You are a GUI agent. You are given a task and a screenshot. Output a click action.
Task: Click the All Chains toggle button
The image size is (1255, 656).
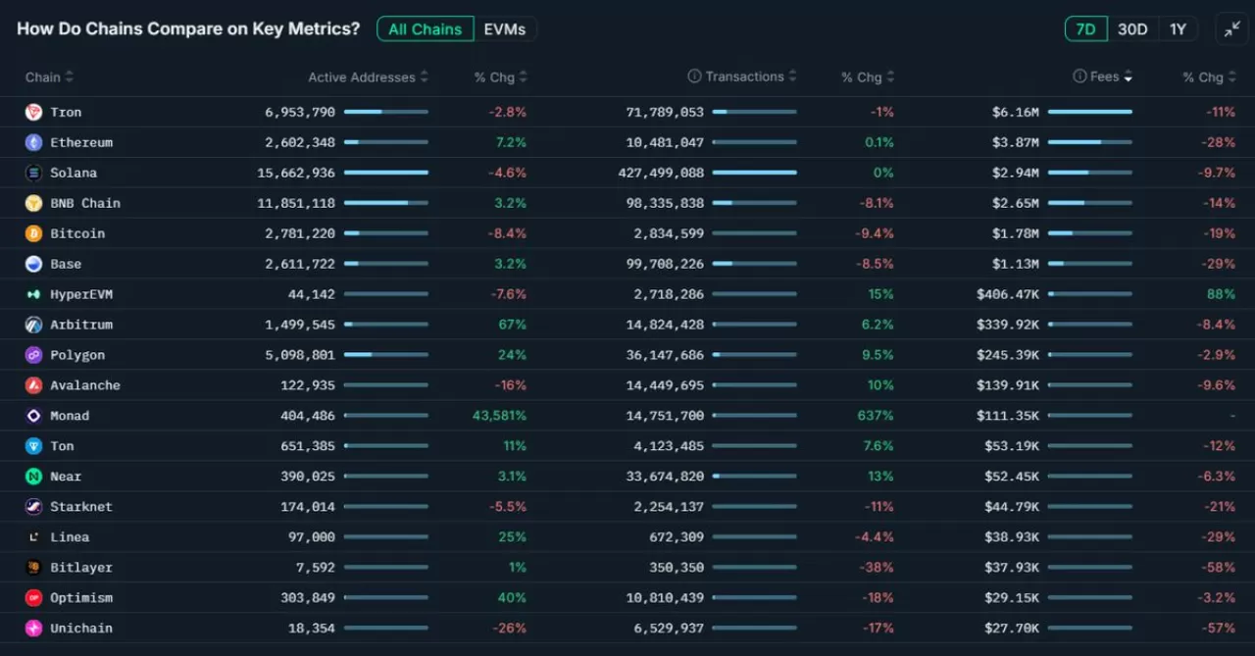(425, 29)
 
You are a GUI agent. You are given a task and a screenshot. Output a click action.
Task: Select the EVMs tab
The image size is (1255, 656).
(505, 29)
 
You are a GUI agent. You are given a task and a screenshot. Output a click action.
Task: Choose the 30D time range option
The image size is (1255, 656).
(1132, 29)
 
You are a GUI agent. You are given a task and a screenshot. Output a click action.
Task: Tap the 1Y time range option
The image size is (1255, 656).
(1178, 29)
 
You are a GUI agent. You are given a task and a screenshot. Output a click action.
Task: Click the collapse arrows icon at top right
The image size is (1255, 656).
(1231, 29)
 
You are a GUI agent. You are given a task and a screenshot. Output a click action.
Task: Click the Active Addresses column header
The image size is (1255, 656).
(362, 77)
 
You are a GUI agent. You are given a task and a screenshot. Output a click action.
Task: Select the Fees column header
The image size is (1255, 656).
(1104, 76)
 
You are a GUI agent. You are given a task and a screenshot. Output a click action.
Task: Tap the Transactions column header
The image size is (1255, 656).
(744, 76)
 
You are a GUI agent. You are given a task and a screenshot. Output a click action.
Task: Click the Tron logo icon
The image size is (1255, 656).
(33, 112)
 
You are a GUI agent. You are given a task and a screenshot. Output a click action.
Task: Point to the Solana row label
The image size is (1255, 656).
(74, 173)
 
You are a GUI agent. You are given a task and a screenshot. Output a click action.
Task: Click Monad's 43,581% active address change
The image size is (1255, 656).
(499, 416)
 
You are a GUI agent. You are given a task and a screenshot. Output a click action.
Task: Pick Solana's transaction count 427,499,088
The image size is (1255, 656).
(665, 173)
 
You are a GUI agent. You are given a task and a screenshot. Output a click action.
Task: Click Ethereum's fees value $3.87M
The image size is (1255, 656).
(1015, 142)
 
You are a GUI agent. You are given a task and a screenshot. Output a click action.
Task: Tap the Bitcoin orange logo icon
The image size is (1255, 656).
(33, 233)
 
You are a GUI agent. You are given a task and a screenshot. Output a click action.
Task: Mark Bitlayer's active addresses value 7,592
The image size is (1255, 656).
(315, 568)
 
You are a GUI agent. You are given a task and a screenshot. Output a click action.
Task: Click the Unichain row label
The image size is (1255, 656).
(81, 629)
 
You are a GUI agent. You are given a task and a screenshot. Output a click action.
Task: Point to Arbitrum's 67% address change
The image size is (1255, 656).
(512, 325)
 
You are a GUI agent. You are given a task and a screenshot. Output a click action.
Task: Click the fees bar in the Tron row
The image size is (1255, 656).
(1089, 112)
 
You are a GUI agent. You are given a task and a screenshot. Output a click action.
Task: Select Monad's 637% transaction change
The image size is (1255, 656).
(876, 416)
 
